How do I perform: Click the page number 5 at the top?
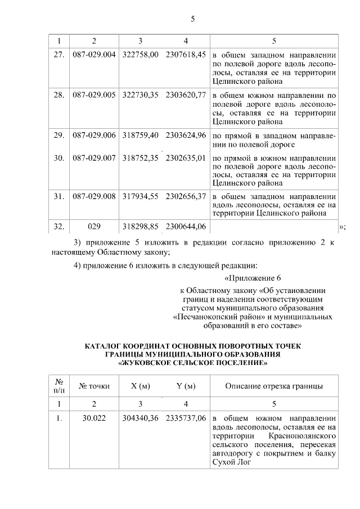pyautogui.click(x=192, y=19)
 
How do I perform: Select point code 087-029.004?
pyautogui.click(x=94, y=55)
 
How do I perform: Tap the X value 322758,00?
pyautogui.click(x=141, y=55)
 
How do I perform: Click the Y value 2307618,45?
pyautogui.click(x=186, y=55)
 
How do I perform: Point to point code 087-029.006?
pyautogui.click(x=94, y=136)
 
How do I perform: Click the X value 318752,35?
pyautogui.click(x=141, y=158)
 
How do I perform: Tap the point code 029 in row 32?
pyautogui.click(x=94, y=227)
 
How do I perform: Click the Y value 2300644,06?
pyautogui.click(x=186, y=227)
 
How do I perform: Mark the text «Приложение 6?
pyautogui.click(x=252, y=278)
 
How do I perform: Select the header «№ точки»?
pyautogui.click(x=94, y=386)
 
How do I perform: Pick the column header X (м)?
pyautogui.click(x=141, y=386)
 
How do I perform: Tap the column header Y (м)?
pyautogui.click(x=186, y=386)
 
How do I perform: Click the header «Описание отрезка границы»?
pyautogui.click(x=274, y=386)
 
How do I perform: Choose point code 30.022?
pyautogui.click(x=94, y=419)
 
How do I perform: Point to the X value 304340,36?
pyautogui.click(x=141, y=419)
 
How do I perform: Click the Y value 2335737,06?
pyautogui.click(x=186, y=419)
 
